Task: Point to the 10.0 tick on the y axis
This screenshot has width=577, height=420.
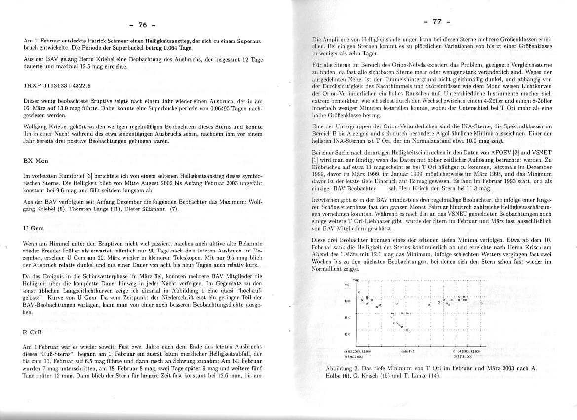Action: (347, 301)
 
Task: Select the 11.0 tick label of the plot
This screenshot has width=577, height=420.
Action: (347, 318)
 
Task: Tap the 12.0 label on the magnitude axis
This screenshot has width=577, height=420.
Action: (347, 334)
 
